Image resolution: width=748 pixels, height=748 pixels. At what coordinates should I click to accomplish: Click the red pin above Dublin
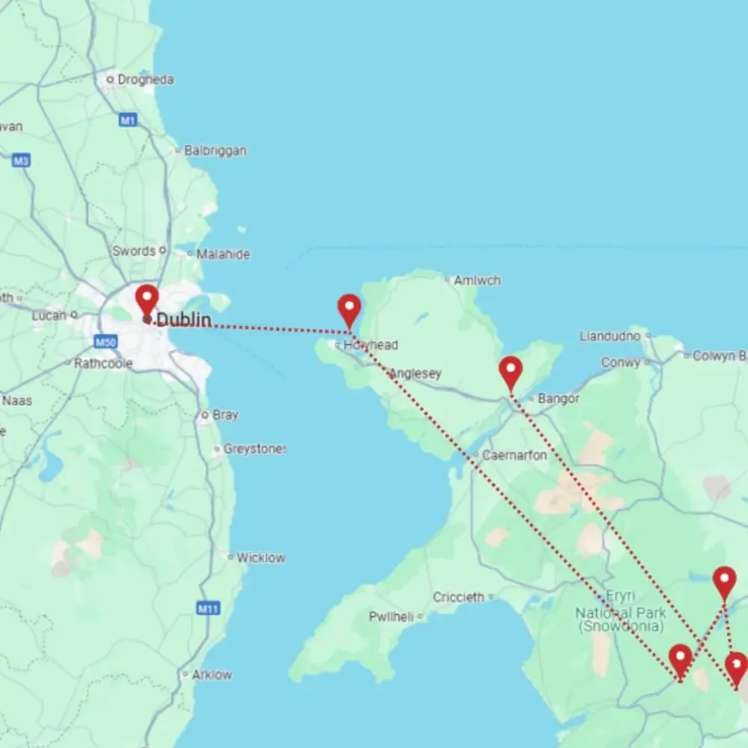pyautogui.click(x=147, y=299)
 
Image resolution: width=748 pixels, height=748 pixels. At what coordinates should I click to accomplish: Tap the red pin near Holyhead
pyautogui.click(x=349, y=309)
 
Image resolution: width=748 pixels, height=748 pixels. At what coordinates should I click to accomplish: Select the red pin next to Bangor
pyautogui.click(x=510, y=372)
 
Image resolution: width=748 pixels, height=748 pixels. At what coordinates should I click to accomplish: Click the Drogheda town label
pyautogui.click(x=145, y=79)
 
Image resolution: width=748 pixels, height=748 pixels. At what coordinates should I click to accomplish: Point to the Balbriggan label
pyautogui.click(x=215, y=150)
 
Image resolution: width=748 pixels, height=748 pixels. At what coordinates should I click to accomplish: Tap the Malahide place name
pyautogui.click(x=223, y=254)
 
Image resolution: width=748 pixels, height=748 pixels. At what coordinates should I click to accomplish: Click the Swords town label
pyautogui.click(x=134, y=251)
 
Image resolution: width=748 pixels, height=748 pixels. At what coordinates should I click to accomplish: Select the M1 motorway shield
pyautogui.click(x=128, y=120)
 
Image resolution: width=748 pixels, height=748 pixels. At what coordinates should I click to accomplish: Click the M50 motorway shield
pyautogui.click(x=105, y=342)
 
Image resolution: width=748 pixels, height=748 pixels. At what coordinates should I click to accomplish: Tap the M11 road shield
pyautogui.click(x=207, y=609)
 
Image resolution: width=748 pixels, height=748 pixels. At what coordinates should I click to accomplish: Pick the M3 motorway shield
pyautogui.click(x=21, y=160)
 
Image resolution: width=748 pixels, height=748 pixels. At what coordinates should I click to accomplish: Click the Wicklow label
pyautogui.click(x=261, y=557)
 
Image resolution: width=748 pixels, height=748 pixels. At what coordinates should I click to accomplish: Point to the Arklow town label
pyautogui.click(x=212, y=675)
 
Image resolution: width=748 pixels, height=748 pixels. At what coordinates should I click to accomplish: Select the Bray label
pyautogui.click(x=225, y=414)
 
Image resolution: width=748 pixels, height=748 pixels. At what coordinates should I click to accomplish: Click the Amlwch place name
pyautogui.click(x=477, y=280)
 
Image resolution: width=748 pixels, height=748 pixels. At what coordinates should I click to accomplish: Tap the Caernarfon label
pyautogui.click(x=515, y=455)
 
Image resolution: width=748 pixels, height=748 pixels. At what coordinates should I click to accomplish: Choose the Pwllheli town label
pyautogui.click(x=391, y=616)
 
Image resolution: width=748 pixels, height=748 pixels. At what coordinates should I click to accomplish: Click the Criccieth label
pyautogui.click(x=459, y=597)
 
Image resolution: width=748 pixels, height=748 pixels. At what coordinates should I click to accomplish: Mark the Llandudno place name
pyautogui.click(x=610, y=336)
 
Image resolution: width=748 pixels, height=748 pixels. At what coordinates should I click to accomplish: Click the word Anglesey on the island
pyautogui.click(x=416, y=373)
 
